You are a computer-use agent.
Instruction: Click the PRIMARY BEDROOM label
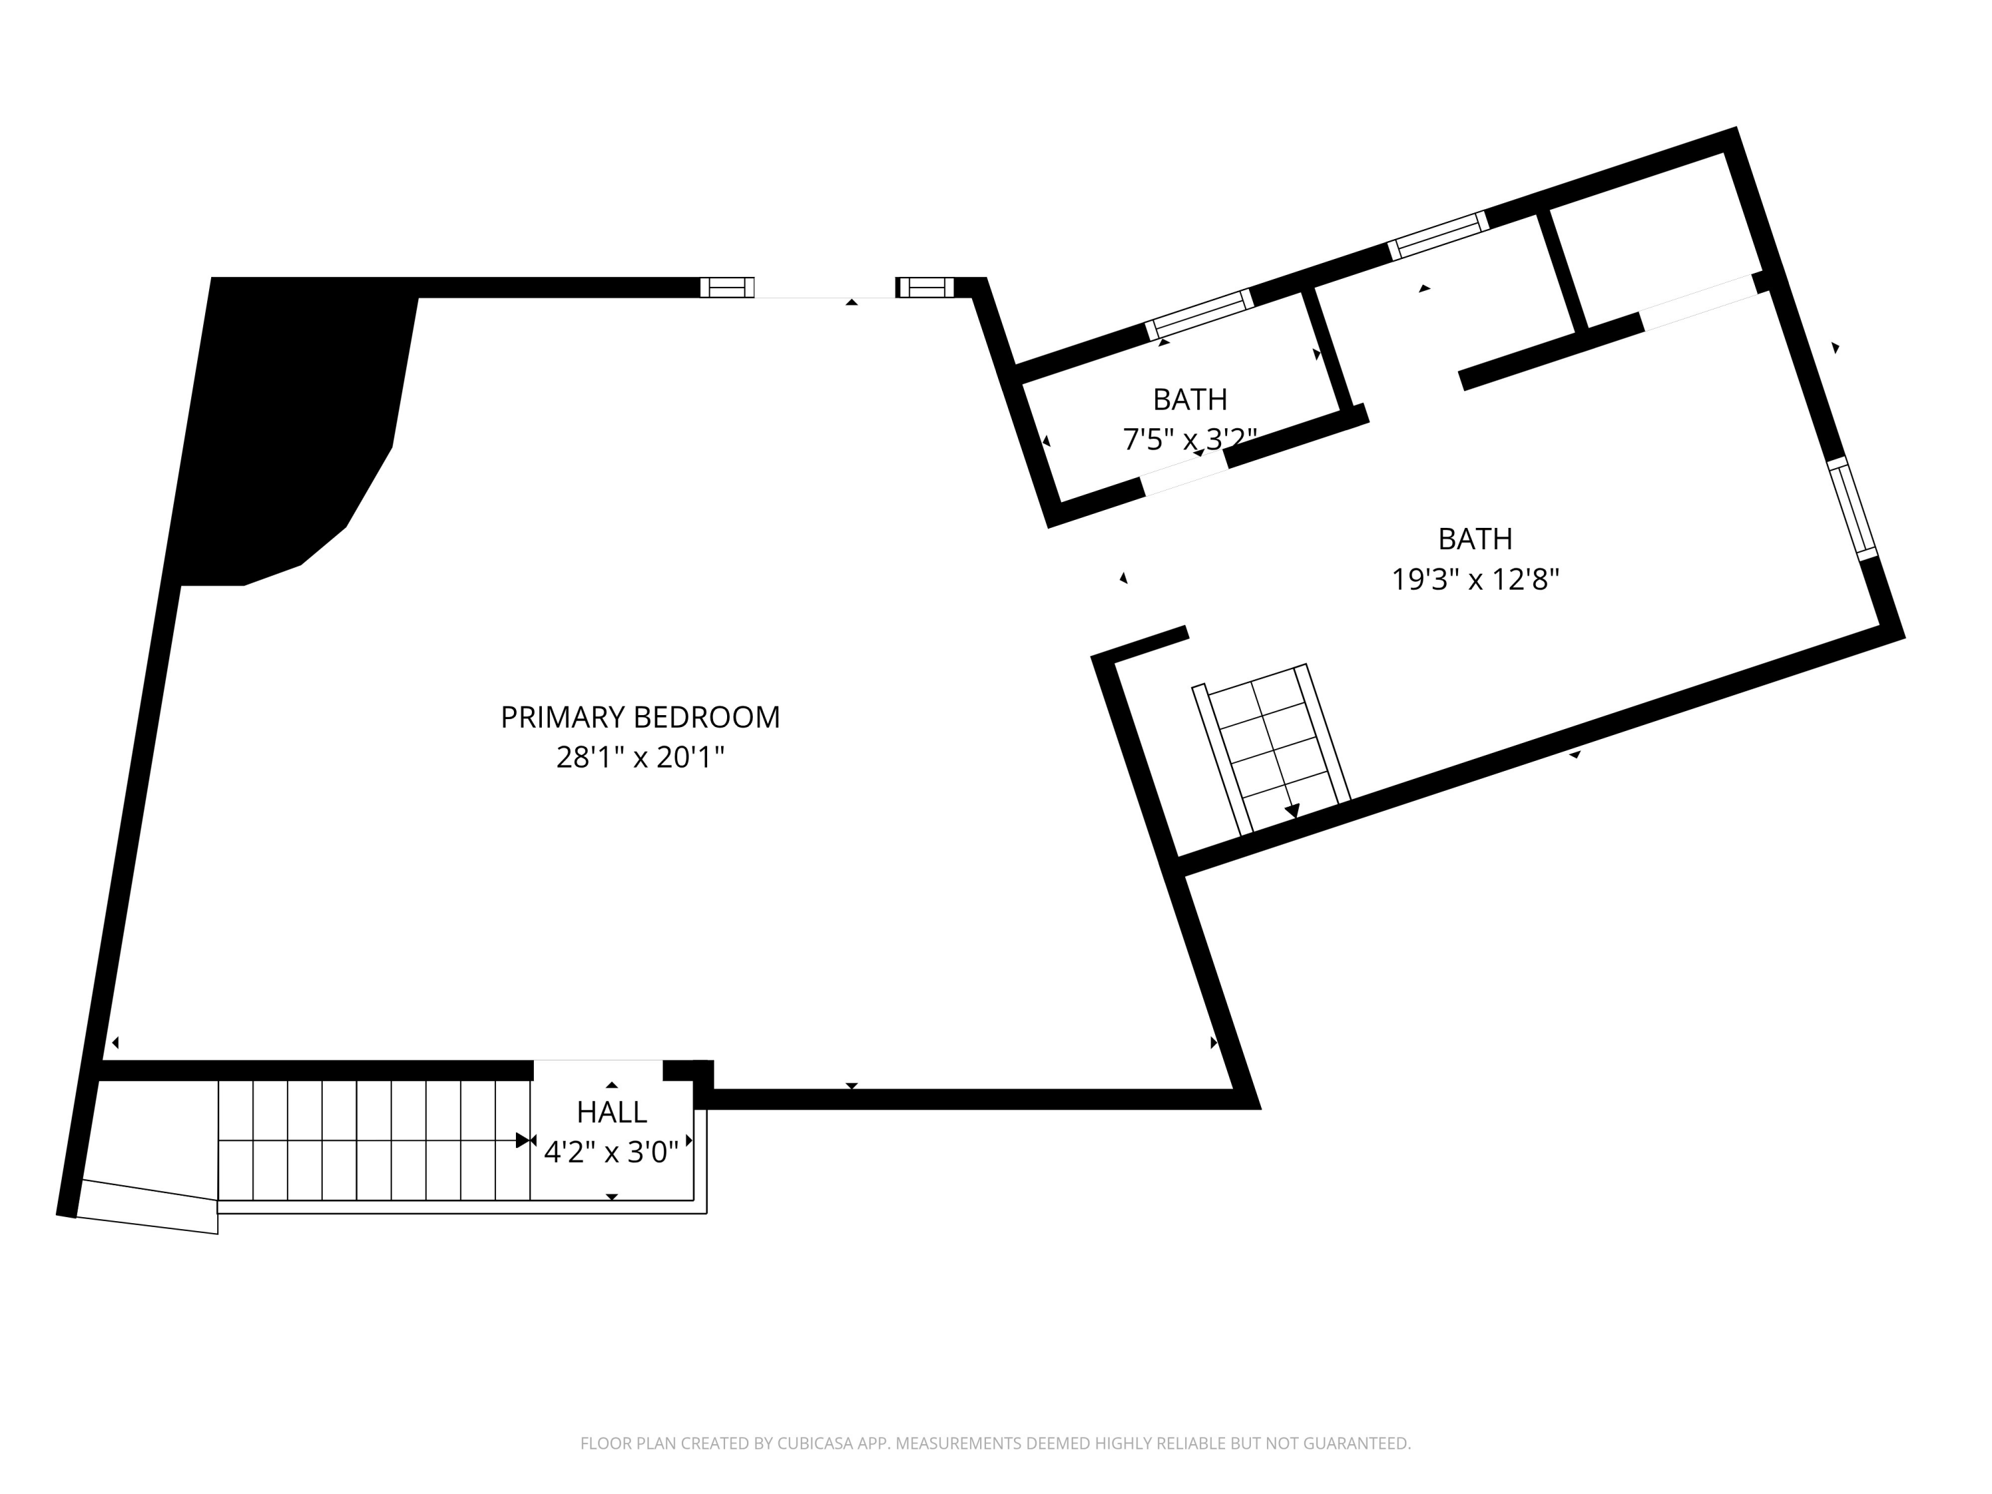[x=640, y=717]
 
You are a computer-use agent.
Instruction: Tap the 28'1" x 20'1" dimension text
[x=640, y=758]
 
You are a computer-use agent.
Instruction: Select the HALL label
[x=612, y=1113]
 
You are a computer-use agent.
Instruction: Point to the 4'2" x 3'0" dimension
[x=612, y=1153]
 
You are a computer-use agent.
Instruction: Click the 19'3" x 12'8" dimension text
[x=1475, y=579]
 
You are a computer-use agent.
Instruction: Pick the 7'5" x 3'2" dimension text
[x=1190, y=440]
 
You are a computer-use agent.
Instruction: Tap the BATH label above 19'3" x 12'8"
[x=1475, y=539]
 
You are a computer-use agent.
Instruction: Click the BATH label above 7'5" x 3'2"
[x=1190, y=399]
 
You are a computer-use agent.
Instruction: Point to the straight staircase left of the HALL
[x=374, y=1140]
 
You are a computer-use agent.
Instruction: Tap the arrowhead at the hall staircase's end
[x=523, y=1141]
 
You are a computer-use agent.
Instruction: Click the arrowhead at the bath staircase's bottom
[x=1292, y=811]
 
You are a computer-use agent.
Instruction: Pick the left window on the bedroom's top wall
[x=726, y=288]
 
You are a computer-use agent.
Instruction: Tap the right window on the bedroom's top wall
[x=925, y=288]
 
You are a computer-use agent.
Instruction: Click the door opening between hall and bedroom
[x=598, y=1070]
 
